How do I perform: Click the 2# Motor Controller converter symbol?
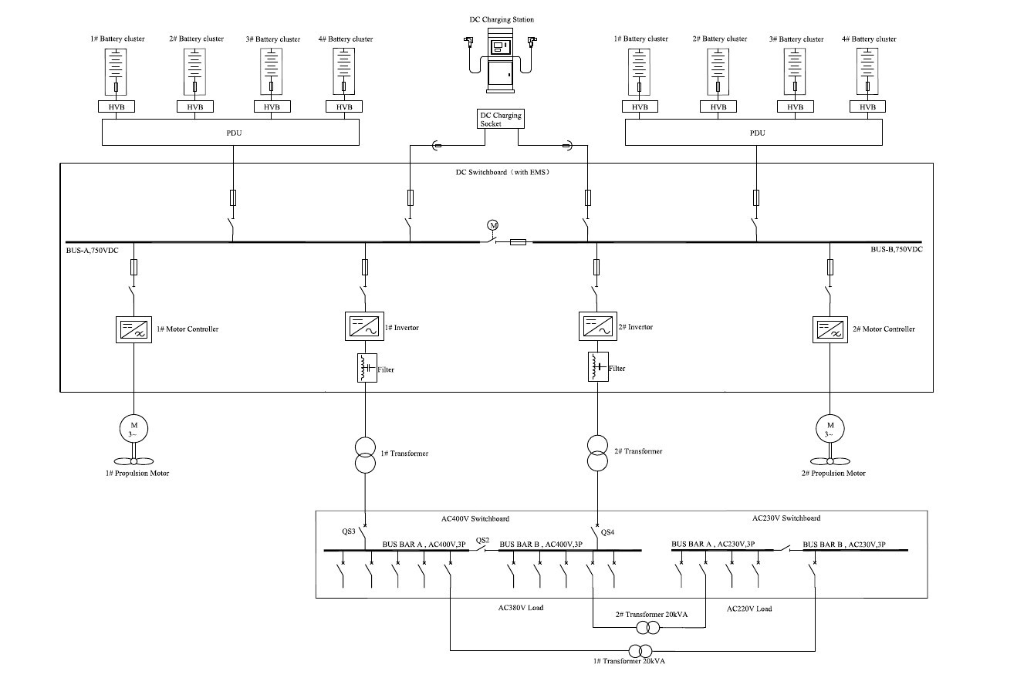click(830, 329)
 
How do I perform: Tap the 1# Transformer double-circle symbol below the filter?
click(364, 454)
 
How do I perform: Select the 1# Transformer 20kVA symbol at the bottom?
click(640, 650)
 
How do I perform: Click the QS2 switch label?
click(482, 540)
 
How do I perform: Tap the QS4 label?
click(607, 531)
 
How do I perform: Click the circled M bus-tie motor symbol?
click(493, 224)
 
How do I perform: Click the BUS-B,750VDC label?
click(896, 250)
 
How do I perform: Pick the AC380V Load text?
click(521, 608)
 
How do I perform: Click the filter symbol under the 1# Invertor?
click(364, 368)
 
